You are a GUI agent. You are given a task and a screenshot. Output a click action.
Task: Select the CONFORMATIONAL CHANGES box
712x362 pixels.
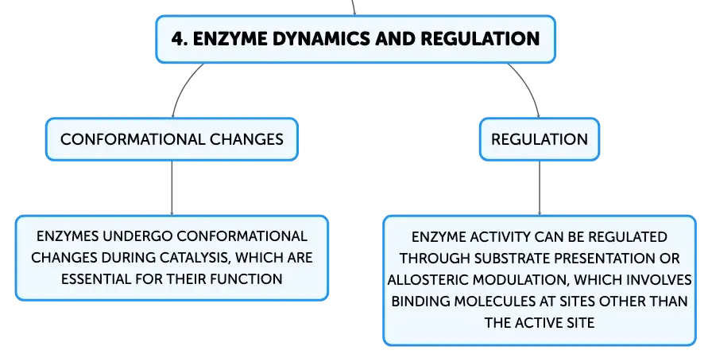point(172,139)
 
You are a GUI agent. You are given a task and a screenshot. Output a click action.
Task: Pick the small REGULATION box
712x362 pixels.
point(540,139)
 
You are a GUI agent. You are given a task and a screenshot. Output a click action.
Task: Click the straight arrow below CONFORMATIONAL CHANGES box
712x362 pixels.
point(172,189)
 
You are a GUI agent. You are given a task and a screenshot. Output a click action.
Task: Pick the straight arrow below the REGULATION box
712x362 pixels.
point(540,189)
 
